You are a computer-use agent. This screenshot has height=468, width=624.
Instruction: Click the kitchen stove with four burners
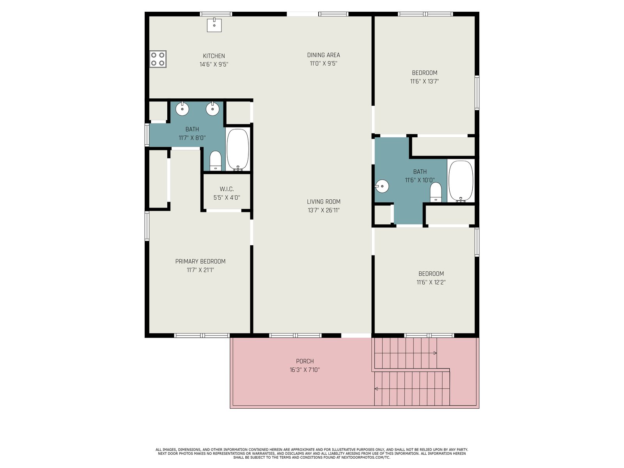pyautogui.click(x=158, y=59)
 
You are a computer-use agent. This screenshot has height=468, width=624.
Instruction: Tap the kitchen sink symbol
pyautogui.click(x=214, y=25)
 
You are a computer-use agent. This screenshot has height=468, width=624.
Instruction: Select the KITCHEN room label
pyautogui.click(x=214, y=56)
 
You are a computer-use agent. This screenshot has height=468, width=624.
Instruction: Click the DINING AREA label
pyautogui.click(x=324, y=55)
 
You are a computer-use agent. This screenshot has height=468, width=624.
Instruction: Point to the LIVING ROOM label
pyautogui.click(x=324, y=202)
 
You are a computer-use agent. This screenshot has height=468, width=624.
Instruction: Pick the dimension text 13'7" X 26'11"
pyautogui.click(x=324, y=210)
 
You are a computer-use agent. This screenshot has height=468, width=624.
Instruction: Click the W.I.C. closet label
pyautogui.click(x=227, y=189)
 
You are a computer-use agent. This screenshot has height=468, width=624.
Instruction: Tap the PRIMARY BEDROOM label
pyautogui.click(x=200, y=261)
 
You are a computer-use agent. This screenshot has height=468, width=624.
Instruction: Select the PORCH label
pyautogui.click(x=305, y=361)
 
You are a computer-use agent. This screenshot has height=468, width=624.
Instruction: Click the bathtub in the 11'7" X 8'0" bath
pyautogui.click(x=238, y=149)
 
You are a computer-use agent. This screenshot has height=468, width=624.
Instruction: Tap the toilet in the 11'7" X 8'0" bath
pyautogui.click(x=216, y=161)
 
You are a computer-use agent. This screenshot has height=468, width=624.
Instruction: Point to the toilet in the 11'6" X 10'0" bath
pyautogui.click(x=436, y=192)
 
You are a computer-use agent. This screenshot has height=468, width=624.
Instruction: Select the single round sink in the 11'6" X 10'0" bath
pyautogui.click(x=382, y=186)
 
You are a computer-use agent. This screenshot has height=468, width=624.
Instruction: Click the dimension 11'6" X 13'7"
pyautogui.click(x=424, y=81)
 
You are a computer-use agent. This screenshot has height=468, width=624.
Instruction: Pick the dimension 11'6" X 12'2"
pyautogui.click(x=431, y=282)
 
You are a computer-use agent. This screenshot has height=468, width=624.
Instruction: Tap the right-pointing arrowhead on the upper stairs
pyautogui.click(x=435, y=353)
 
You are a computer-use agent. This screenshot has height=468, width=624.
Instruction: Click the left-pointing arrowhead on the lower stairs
pyautogui.click(x=376, y=389)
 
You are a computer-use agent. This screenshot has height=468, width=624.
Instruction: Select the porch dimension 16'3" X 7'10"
pyautogui.click(x=305, y=370)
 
